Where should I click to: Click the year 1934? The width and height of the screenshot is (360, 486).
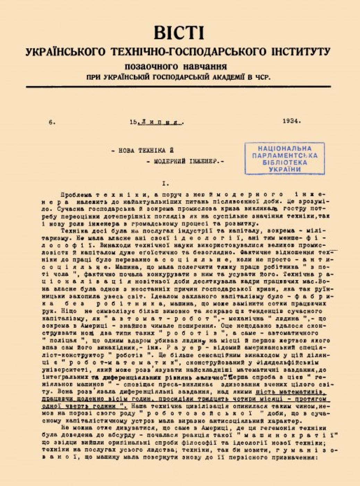[x=292, y=121]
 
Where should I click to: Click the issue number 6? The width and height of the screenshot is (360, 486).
[x=52, y=122]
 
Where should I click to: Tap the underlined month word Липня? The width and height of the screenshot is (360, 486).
[x=161, y=122]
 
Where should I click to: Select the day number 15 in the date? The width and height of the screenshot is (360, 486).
[x=133, y=122]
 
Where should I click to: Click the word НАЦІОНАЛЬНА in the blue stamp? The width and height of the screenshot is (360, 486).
[x=285, y=148]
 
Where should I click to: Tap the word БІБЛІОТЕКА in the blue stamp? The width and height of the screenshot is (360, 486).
[x=285, y=162]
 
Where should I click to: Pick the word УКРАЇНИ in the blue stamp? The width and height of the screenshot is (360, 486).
[x=285, y=169]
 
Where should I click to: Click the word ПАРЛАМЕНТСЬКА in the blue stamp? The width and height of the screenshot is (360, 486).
[x=285, y=156]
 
